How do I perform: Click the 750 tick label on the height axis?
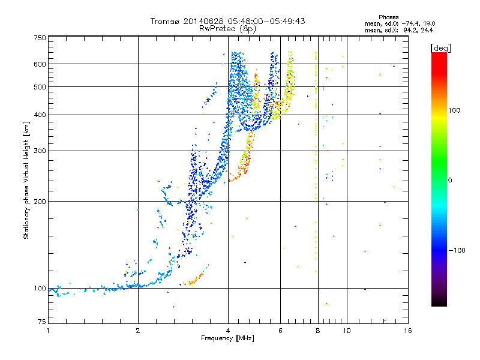[40, 37]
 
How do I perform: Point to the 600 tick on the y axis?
[40, 64]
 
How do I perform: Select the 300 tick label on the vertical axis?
[40, 151]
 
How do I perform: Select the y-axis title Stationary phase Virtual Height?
[26, 180]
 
